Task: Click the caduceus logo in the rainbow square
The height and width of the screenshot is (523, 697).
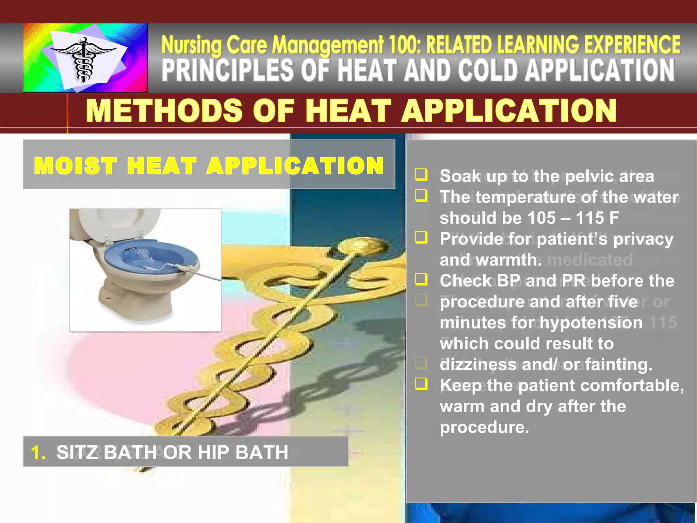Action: [83, 60]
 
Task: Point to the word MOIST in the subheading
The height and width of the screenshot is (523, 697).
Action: [75, 166]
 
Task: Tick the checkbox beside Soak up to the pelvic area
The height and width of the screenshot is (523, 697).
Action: [421, 175]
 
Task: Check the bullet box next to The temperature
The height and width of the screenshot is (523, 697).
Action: [421, 196]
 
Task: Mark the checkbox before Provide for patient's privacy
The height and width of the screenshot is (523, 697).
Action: [421, 237]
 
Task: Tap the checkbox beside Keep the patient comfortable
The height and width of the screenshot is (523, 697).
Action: [421, 384]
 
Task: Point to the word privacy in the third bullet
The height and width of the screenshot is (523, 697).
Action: [643, 239]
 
